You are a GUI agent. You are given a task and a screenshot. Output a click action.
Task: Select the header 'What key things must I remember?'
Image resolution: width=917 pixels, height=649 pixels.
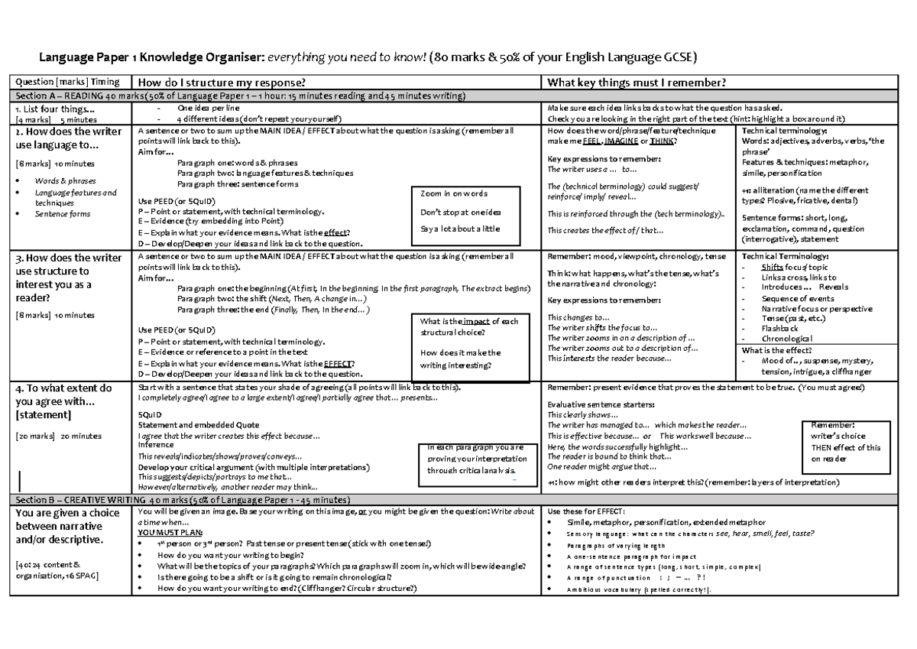click(x=632, y=83)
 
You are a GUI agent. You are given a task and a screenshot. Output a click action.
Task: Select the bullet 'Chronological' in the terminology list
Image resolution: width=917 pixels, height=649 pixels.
click(x=787, y=338)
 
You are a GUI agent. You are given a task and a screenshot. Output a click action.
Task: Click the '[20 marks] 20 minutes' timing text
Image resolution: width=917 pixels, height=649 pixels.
click(x=58, y=436)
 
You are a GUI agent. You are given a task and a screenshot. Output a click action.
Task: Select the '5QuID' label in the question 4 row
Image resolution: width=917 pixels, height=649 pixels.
click(x=149, y=414)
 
